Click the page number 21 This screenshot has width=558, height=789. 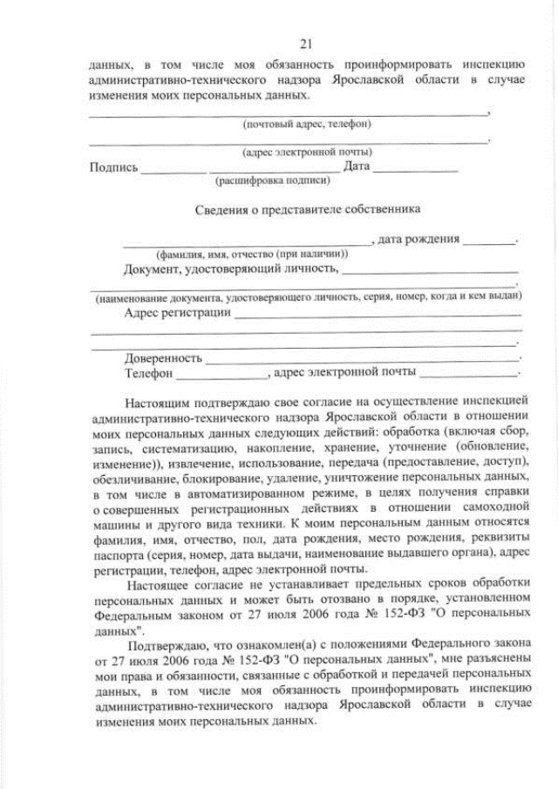[x=305, y=44]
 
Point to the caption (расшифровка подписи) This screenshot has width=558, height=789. [x=272, y=181]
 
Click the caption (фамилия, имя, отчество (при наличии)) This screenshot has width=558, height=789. [x=252, y=254]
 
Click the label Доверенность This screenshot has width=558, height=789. [x=163, y=357]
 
